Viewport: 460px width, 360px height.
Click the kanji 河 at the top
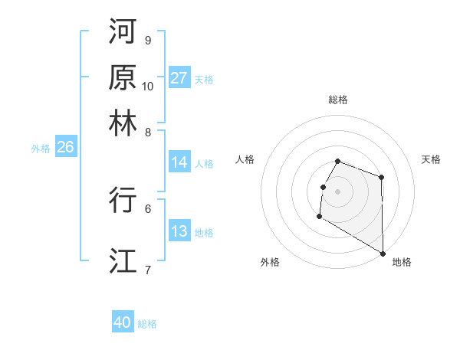(x=123, y=31)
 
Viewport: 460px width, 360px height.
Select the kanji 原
(x=123, y=77)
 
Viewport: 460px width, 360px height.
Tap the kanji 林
(x=123, y=123)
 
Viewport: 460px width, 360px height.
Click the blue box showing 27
(x=179, y=78)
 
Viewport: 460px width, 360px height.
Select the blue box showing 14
(x=179, y=162)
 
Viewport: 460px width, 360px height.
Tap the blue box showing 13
(x=179, y=231)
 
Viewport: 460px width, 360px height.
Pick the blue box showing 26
(x=65, y=148)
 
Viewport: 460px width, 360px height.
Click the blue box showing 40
(x=123, y=322)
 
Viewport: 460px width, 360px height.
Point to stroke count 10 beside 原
(x=148, y=86)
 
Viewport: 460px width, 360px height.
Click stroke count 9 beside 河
(x=147, y=40)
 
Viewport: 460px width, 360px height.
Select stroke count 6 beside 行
(x=147, y=208)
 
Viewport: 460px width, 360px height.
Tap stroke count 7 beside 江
(x=147, y=269)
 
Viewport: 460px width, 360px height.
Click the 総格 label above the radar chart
(x=337, y=100)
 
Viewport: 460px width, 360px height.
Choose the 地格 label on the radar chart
(x=402, y=262)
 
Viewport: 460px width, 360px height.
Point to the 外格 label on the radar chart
(x=270, y=262)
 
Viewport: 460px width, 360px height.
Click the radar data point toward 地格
(x=383, y=254)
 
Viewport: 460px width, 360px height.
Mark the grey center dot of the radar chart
(x=337, y=191)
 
